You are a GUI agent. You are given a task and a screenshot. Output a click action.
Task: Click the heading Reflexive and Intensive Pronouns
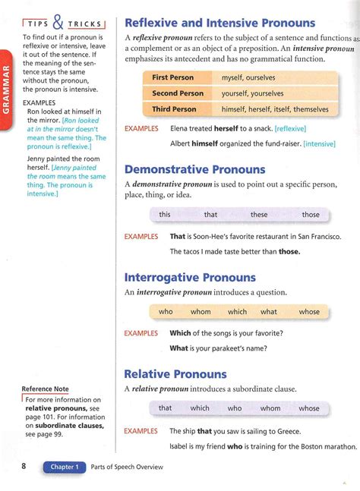click(219, 23)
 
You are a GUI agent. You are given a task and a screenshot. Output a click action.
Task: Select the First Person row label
click(173, 77)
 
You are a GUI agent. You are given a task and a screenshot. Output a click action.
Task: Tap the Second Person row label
click(178, 93)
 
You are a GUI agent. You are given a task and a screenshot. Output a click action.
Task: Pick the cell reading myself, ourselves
click(248, 77)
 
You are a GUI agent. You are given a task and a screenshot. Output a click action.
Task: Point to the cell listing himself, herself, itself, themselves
click(275, 109)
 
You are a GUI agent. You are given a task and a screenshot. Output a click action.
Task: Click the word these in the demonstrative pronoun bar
click(259, 215)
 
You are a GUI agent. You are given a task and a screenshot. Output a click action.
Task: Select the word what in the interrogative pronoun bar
click(269, 311)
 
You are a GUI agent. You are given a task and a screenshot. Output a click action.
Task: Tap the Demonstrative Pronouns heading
click(194, 169)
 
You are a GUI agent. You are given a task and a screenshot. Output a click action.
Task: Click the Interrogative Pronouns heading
click(190, 278)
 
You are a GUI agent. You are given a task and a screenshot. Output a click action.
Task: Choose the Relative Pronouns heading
click(175, 374)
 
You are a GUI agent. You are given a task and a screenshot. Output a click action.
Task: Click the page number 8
click(25, 467)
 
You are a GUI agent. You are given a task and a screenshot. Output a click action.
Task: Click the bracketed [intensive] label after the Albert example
click(319, 143)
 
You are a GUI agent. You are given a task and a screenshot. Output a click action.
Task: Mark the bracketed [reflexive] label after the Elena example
click(290, 129)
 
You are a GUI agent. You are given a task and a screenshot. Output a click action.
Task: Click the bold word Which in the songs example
click(180, 333)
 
